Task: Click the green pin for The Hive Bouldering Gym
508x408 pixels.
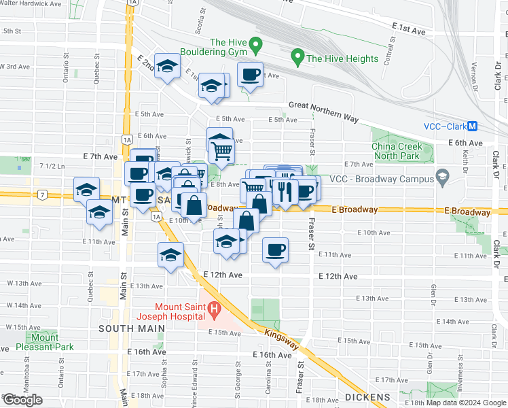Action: click(x=256, y=47)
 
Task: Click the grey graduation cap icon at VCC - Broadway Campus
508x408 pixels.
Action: click(x=443, y=179)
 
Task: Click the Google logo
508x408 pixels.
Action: click(x=22, y=401)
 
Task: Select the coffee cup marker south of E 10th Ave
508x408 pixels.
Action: click(x=275, y=250)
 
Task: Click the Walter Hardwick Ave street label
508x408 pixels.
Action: click(x=30, y=3)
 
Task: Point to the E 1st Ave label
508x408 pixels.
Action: click(x=409, y=31)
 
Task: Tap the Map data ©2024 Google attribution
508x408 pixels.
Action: click(x=461, y=403)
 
